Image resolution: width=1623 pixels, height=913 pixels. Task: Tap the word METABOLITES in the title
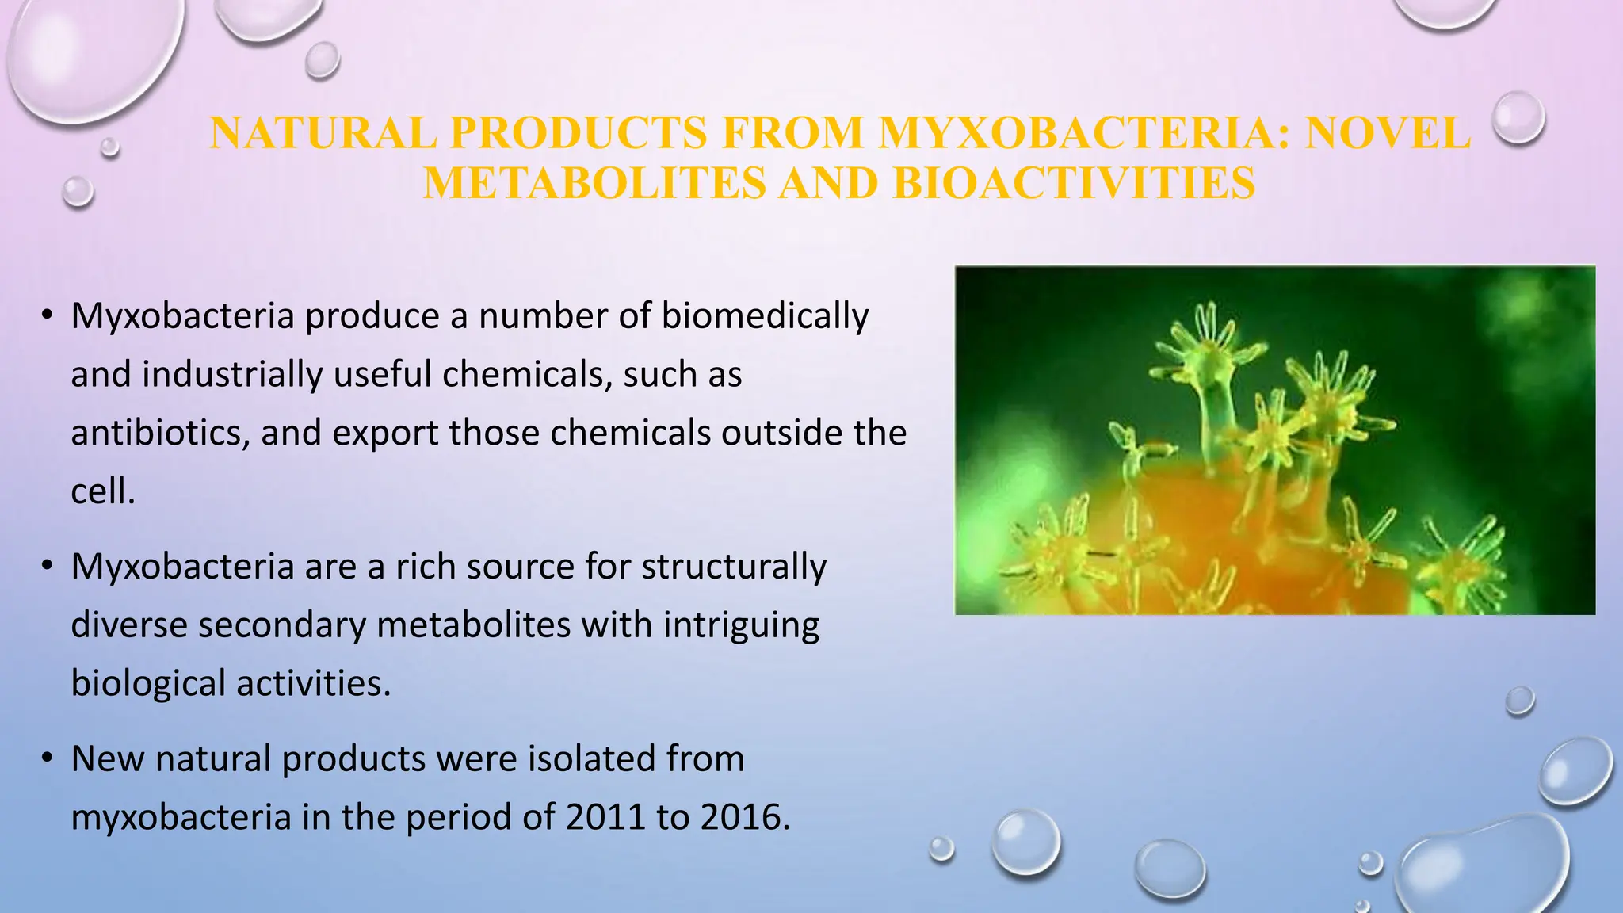coord(594,183)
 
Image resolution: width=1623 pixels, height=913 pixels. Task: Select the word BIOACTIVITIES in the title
coord(1074,183)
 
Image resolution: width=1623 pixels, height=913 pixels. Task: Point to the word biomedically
coord(765,316)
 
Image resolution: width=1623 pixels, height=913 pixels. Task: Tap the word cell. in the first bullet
coord(103,491)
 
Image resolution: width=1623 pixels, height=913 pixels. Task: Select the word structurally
coord(734,567)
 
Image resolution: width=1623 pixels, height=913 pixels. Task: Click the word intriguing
coord(741,625)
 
